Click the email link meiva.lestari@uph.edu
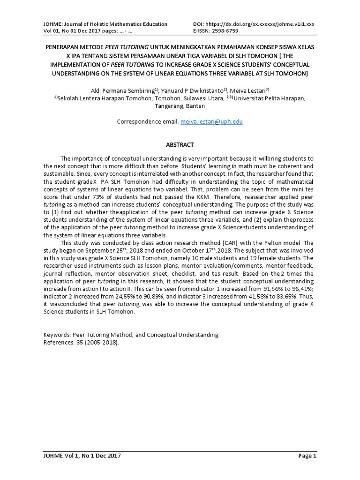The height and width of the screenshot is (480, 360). (x=211, y=121)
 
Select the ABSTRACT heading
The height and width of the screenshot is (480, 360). (x=180, y=145)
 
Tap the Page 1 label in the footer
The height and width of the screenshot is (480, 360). (x=307, y=456)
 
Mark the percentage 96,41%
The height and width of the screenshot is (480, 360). (x=302, y=288)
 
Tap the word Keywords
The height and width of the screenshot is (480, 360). (x=56, y=335)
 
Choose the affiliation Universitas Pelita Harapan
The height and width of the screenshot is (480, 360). (x=270, y=98)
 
